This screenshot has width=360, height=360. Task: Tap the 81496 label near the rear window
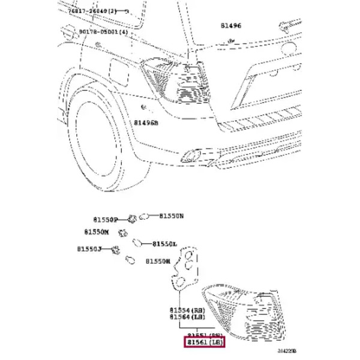230,26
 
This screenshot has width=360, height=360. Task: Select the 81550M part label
97,232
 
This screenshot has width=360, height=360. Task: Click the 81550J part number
89,249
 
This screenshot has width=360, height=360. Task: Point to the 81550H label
158,262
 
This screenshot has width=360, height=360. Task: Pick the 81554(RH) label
188,311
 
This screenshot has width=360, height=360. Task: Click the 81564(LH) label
188,317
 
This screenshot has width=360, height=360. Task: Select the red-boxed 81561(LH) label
205,343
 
